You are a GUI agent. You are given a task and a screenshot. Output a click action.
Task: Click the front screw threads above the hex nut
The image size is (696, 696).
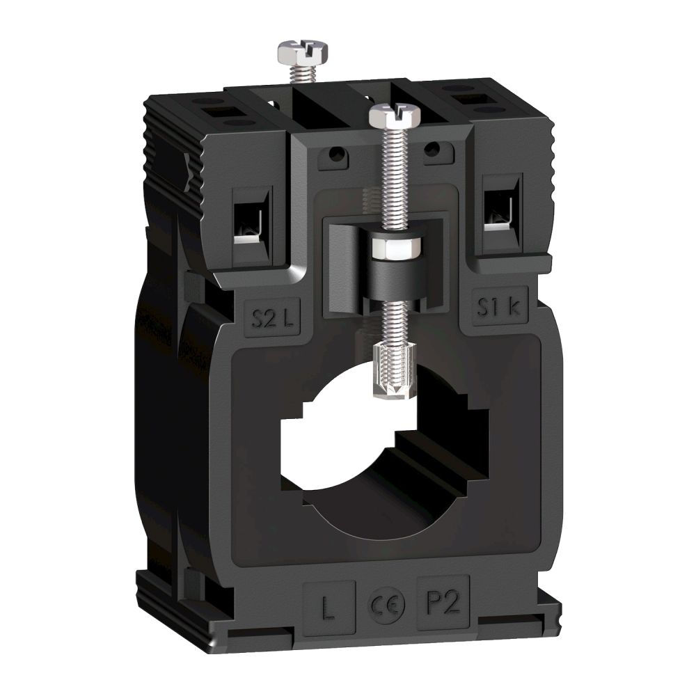tap(386, 181)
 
